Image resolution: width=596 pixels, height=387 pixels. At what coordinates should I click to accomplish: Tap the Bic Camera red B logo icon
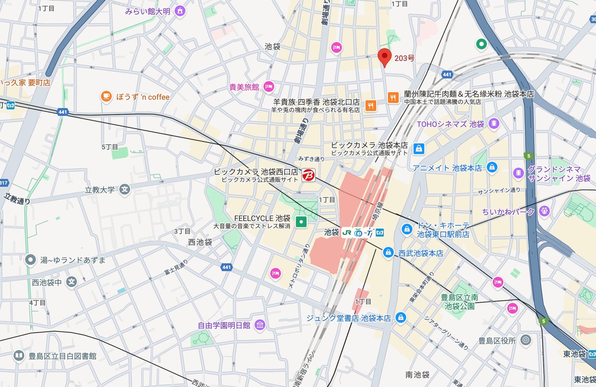click(x=308, y=175)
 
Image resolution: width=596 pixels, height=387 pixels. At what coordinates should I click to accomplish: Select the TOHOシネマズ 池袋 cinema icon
click(x=494, y=123)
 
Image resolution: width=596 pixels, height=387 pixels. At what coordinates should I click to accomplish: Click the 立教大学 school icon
click(x=125, y=190)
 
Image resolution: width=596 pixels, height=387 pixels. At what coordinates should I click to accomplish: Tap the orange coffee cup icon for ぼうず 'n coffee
click(x=106, y=96)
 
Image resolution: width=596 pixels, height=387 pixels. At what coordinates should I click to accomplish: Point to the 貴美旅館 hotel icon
click(x=269, y=86)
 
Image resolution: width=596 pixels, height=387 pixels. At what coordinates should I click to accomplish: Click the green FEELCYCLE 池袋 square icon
click(x=301, y=222)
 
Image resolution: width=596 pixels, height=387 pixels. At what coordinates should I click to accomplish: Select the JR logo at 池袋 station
click(x=347, y=233)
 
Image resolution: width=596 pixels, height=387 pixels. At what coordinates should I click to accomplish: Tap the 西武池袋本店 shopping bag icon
click(x=388, y=252)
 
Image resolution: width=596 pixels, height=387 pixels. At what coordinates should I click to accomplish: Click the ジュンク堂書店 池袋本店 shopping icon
click(x=400, y=317)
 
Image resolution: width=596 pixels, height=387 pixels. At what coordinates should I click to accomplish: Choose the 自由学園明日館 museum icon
click(x=260, y=325)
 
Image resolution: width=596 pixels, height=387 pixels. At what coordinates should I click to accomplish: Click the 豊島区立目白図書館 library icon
click(x=19, y=356)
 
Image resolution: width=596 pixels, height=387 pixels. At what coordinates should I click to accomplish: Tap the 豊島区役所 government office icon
click(x=525, y=340)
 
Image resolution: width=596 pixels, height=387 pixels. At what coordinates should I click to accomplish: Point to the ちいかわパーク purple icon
click(x=544, y=211)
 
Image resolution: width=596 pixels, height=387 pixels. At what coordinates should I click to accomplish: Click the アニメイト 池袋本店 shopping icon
click(x=492, y=167)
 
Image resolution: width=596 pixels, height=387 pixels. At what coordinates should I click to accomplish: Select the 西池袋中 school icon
click(x=72, y=282)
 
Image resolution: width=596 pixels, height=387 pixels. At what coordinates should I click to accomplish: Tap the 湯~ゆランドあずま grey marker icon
click(x=30, y=260)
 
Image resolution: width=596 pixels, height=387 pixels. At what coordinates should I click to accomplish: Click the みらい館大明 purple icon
click(x=180, y=11)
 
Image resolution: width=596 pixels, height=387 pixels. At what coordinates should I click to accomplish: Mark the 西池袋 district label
click(x=200, y=242)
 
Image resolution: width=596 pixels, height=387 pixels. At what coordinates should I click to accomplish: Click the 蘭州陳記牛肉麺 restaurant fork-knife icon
click(x=393, y=98)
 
